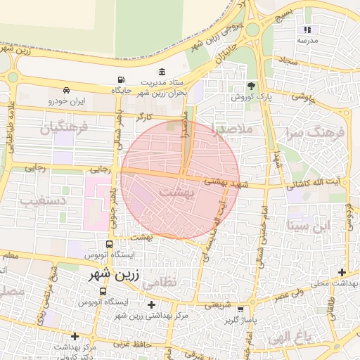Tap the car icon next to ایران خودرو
pyautogui.click(x=65, y=90)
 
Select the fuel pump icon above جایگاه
pyautogui.click(x=122, y=79)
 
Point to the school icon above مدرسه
pyautogui.click(x=307, y=30)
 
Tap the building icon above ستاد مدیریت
pyautogui.click(x=162, y=72)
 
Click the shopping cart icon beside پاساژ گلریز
pyautogui.click(x=241, y=309)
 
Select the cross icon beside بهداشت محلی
pyautogui.click(x=342, y=273)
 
